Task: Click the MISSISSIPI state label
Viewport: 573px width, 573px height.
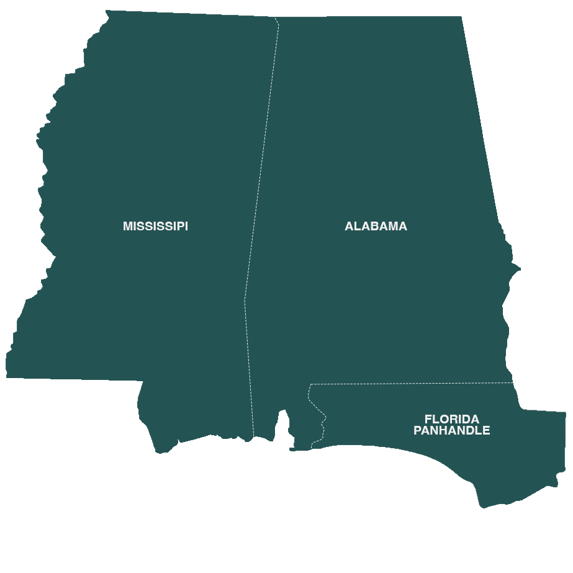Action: pyautogui.click(x=155, y=227)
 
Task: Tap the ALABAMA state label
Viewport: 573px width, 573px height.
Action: pyautogui.click(x=376, y=227)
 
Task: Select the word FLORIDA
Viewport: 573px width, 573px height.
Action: pyautogui.click(x=451, y=420)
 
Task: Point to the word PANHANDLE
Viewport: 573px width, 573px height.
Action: pyautogui.click(x=451, y=431)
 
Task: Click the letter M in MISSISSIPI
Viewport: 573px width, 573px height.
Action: pyautogui.click(x=127, y=227)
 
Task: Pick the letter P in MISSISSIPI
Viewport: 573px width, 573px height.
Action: pyautogui.click(x=179, y=227)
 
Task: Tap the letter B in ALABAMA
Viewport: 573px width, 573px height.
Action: pyautogui.click(x=377, y=227)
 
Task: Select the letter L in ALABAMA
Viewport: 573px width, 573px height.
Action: pyautogui.click(x=358, y=227)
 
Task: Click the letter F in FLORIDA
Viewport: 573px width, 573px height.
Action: pyautogui.click(x=428, y=420)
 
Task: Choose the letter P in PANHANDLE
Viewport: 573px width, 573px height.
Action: pyautogui.click(x=417, y=431)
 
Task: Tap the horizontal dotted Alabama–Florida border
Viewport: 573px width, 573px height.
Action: pyautogui.click(x=410, y=384)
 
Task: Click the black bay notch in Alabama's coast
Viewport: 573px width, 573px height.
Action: pyautogui.click(x=283, y=428)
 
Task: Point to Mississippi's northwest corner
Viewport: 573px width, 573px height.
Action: pyautogui.click(x=107, y=12)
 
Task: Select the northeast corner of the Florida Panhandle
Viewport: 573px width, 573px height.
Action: pyautogui.click(x=564, y=413)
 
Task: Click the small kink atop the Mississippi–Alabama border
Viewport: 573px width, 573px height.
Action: pyautogui.click(x=277, y=22)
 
